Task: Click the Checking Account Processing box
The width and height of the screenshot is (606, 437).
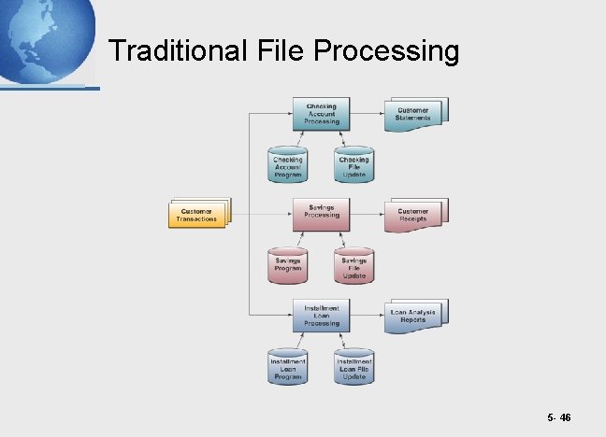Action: pyautogui.click(x=322, y=114)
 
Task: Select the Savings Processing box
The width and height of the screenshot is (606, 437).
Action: pyautogui.click(x=322, y=214)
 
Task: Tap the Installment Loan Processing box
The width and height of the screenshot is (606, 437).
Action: pyautogui.click(x=322, y=315)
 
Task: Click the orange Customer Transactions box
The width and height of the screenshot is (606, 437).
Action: pyautogui.click(x=197, y=214)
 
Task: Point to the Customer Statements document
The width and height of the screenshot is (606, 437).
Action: pyautogui.click(x=413, y=113)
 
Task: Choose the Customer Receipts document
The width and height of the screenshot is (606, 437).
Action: pyautogui.click(x=413, y=214)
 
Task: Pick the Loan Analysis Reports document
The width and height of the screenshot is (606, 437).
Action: pyautogui.click(x=413, y=315)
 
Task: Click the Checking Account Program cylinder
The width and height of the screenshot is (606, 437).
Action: pyautogui.click(x=288, y=164)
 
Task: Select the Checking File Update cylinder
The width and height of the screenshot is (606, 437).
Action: pyautogui.click(x=353, y=164)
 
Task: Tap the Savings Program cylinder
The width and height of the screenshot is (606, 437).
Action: pyautogui.click(x=288, y=265)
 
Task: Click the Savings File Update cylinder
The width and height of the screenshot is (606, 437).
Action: pyautogui.click(x=353, y=265)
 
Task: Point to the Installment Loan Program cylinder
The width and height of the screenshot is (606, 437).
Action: pyautogui.click(x=288, y=366)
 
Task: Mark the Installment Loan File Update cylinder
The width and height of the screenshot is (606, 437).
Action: pyautogui.click(x=353, y=366)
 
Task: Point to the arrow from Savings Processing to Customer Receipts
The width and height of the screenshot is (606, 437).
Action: pyautogui.click(x=366, y=214)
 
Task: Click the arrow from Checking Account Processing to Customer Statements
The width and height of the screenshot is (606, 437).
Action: pyautogui.click(x=366, y=114)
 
